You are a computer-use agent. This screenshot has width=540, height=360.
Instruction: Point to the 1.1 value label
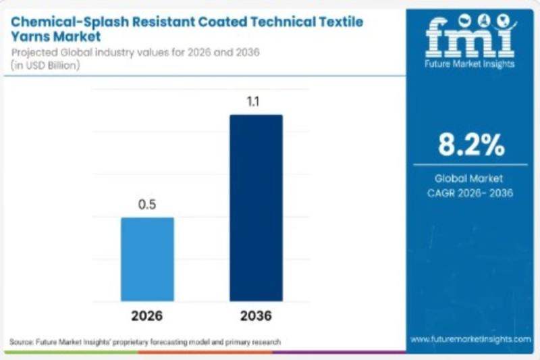(256, 101)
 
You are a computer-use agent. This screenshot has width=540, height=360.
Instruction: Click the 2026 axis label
(147, 316)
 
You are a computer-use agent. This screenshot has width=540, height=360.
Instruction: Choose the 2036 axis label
(256, 316)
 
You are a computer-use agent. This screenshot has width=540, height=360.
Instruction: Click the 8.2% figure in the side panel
(470, 144)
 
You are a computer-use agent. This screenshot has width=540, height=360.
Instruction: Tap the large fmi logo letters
(470, 37)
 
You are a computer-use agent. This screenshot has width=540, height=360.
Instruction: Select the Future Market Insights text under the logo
(470, 64)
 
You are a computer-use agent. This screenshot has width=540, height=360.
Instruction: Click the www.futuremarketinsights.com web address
(470, 339)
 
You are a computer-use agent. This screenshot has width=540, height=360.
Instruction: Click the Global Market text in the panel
(470, 179)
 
